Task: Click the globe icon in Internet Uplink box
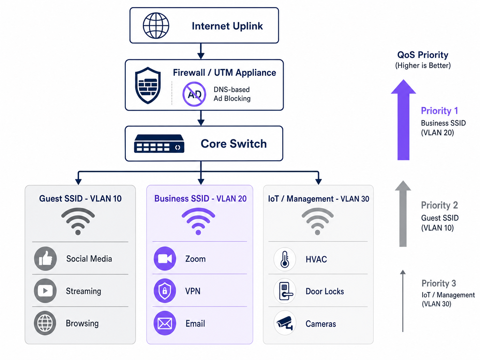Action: point(156,26)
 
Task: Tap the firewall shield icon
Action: point(148,85)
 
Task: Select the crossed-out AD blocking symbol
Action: point(194,94)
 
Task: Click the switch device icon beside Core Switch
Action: point(159,144)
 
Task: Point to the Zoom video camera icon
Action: point(165,258)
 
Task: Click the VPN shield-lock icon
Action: point(165,291)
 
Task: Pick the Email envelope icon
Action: point(165,323)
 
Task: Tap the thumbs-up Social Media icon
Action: point(45,258)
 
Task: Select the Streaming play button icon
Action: point(45,291)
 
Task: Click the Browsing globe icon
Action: point(45,323)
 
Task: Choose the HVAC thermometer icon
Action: point(285,259)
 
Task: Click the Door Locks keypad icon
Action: point(285,291)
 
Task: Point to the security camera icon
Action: point(285,323)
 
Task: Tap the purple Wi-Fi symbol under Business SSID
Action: point(198,221)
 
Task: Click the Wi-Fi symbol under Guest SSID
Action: point(78,221)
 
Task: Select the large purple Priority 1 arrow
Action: point(403,120)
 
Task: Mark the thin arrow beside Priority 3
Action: point(403,301)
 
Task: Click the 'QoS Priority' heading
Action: point(423,55)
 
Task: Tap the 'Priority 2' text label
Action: point(439,205)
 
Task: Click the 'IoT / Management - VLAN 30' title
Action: point(318,199)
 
